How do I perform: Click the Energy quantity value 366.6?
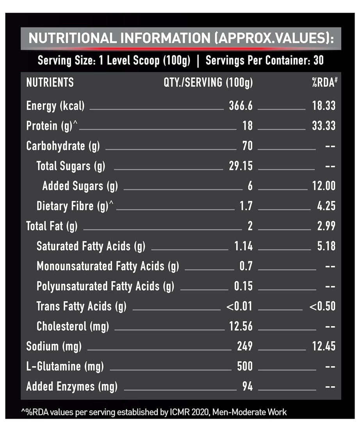(x=241, y=106)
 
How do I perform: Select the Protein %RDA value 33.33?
(x=324, y=126)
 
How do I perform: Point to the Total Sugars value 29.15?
(x=241, y=166)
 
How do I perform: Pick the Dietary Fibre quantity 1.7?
(x=246, y=206)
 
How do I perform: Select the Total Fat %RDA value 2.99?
(x=326, y=226)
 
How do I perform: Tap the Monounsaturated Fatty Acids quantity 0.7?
(x=246, y=266)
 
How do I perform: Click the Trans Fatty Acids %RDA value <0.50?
(x=322, y=306)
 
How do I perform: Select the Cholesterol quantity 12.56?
(x=241, y=327)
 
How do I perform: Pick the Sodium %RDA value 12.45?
(x=324, y=346)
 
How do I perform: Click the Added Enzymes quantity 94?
(x=247, y=387)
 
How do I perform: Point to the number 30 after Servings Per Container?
(x=318, y=61)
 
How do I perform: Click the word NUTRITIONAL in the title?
(x=73, y=38)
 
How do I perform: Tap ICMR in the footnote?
(x=180, y=412)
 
